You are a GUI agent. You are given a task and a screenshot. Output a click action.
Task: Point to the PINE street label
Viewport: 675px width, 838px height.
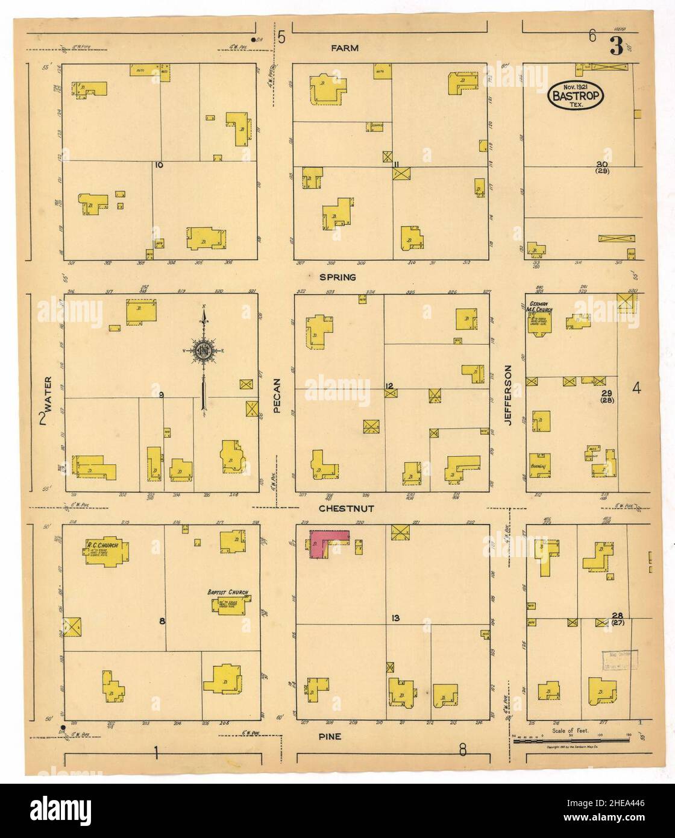pos(331,736)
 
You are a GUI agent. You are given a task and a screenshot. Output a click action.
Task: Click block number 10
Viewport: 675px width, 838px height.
pos(159,165)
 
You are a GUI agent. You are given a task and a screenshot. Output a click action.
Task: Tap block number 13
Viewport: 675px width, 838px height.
pos(395,618)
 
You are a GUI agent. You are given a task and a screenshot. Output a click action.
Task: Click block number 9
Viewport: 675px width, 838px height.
pos(161,395)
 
